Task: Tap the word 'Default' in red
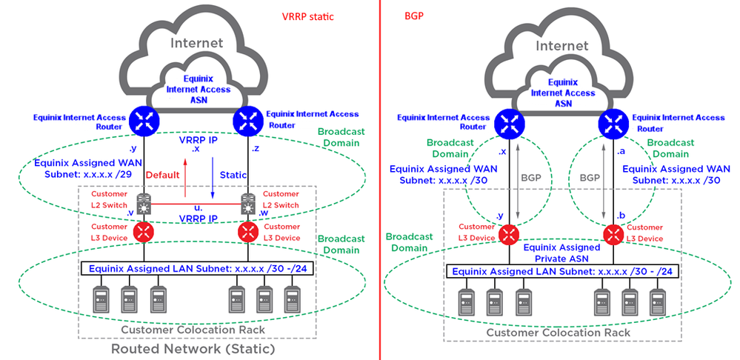coord(163,175)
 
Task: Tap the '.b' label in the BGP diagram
coord(621,215)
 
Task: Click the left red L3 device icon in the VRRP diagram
coord(143,232)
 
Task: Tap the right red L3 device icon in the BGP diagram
coord(613,235)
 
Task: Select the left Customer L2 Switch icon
coord(143,200)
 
